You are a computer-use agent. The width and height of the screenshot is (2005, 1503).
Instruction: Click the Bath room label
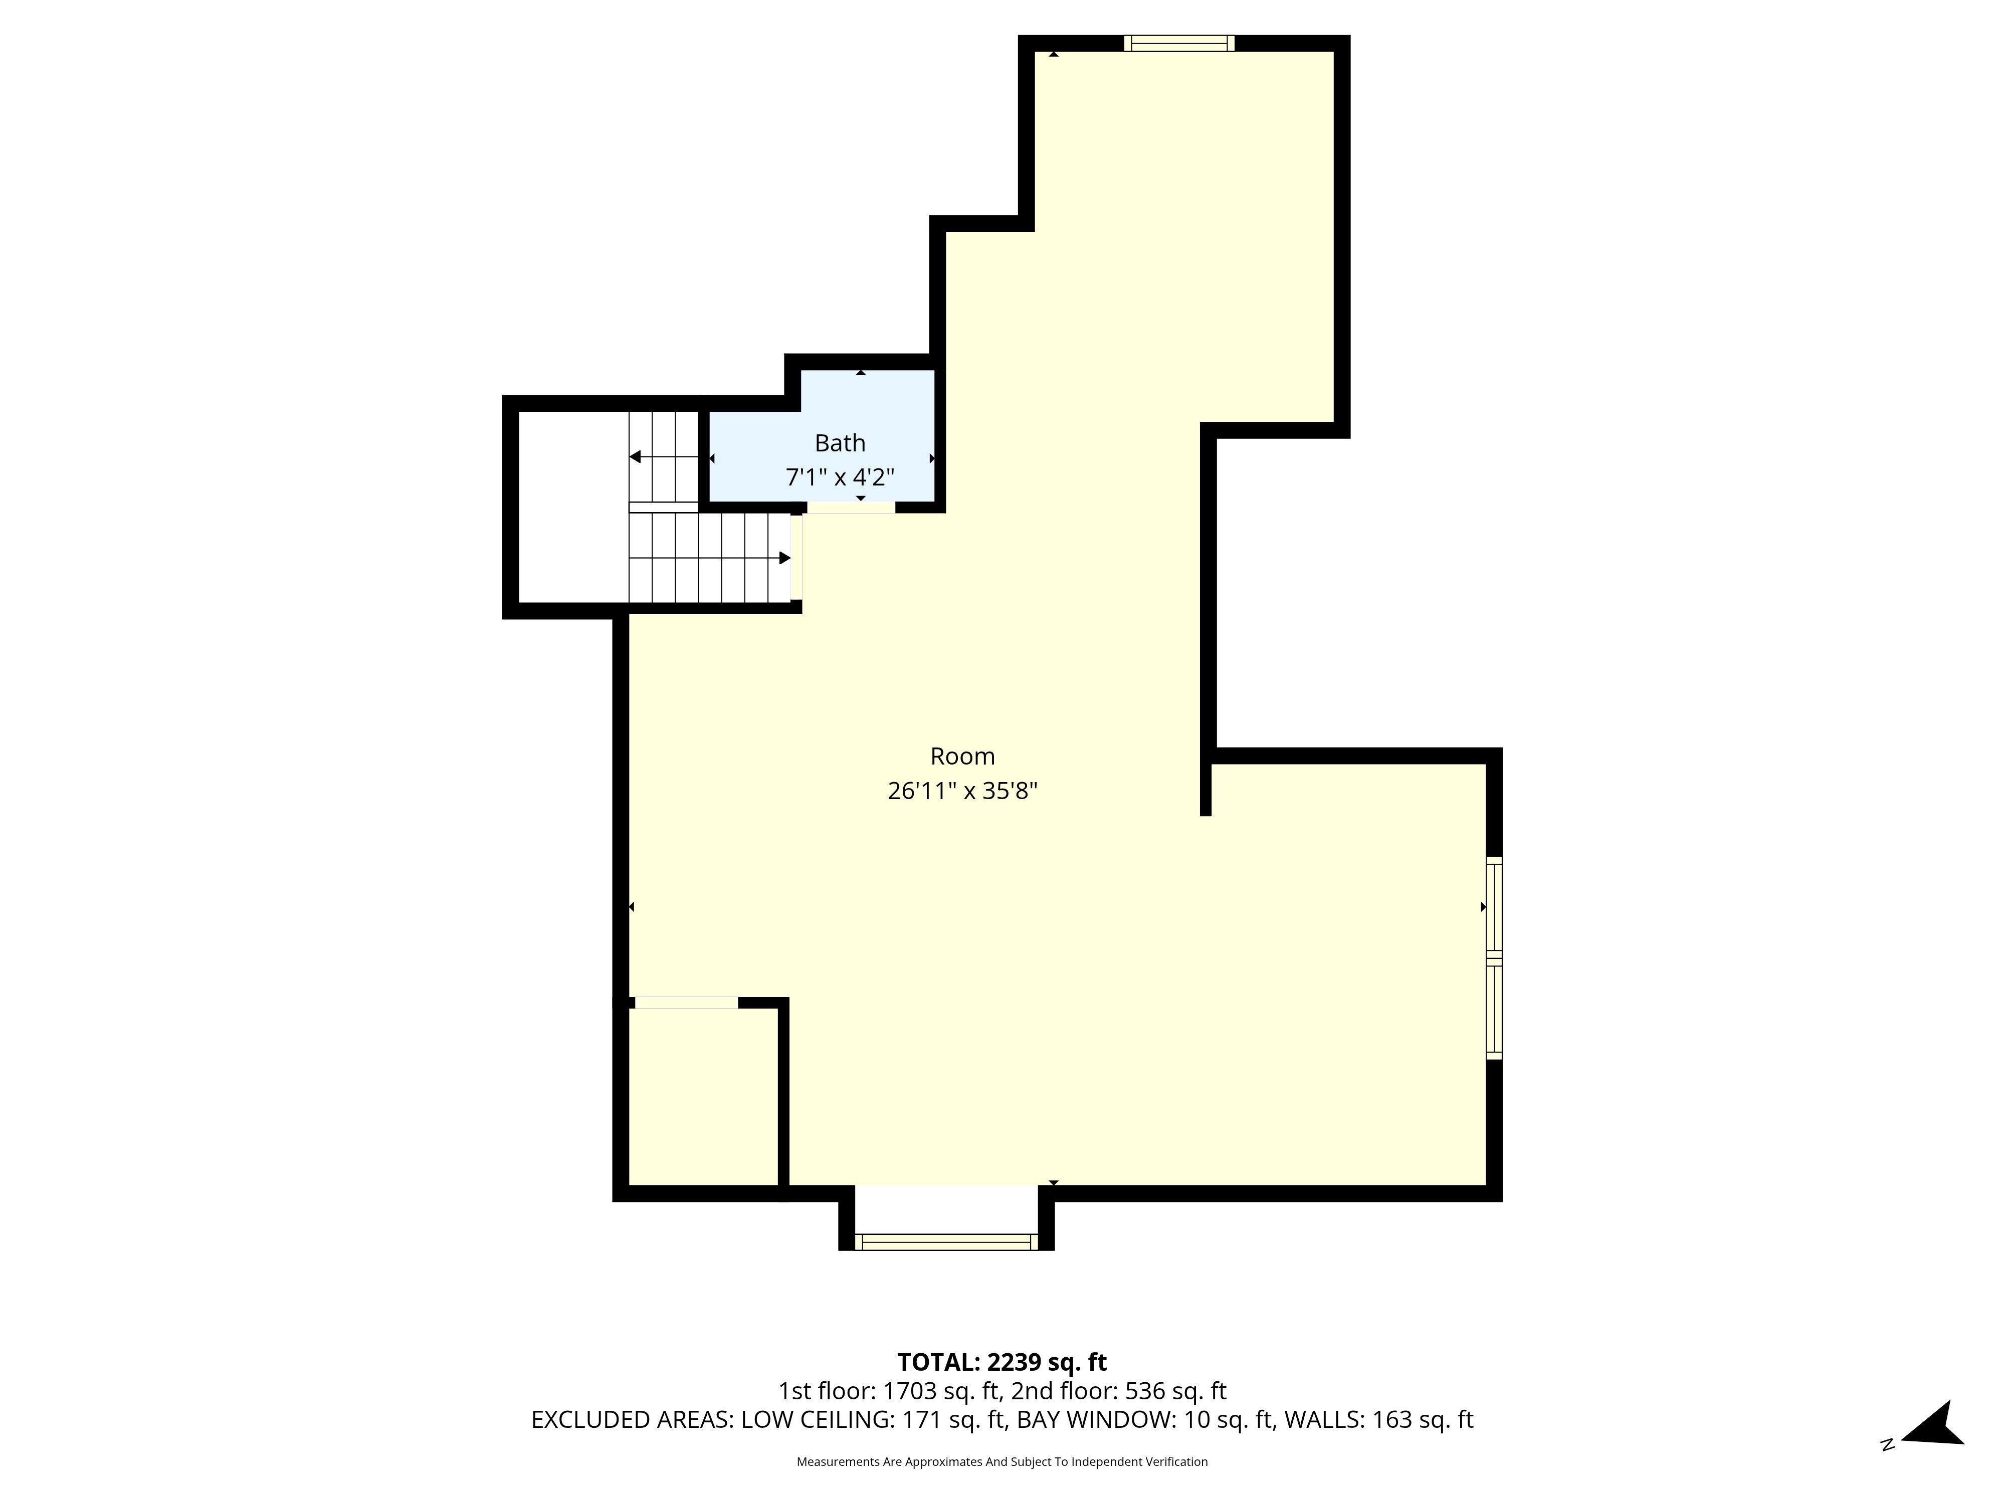click(840, 443)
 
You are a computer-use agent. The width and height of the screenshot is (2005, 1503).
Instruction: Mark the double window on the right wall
click(1494, 957)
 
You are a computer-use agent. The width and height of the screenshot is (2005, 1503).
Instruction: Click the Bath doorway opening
click(851, 508)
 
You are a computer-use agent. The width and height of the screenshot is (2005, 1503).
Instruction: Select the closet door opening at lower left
click(686, 1003)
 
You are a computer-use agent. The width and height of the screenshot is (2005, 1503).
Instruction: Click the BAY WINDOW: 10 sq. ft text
click(1147, 1420)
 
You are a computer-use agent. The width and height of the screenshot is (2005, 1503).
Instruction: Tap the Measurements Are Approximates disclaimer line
click(1001, 1461)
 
